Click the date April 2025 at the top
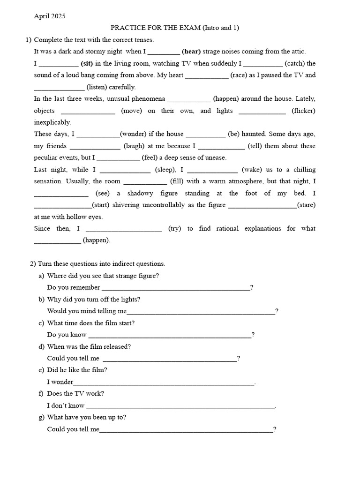[50, 16]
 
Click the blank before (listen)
[59, 88]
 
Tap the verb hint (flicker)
[303, 111]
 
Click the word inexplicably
[52, 122]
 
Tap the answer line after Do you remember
[176, 288]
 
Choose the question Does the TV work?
[75, 394]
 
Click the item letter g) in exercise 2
[42, 417]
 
